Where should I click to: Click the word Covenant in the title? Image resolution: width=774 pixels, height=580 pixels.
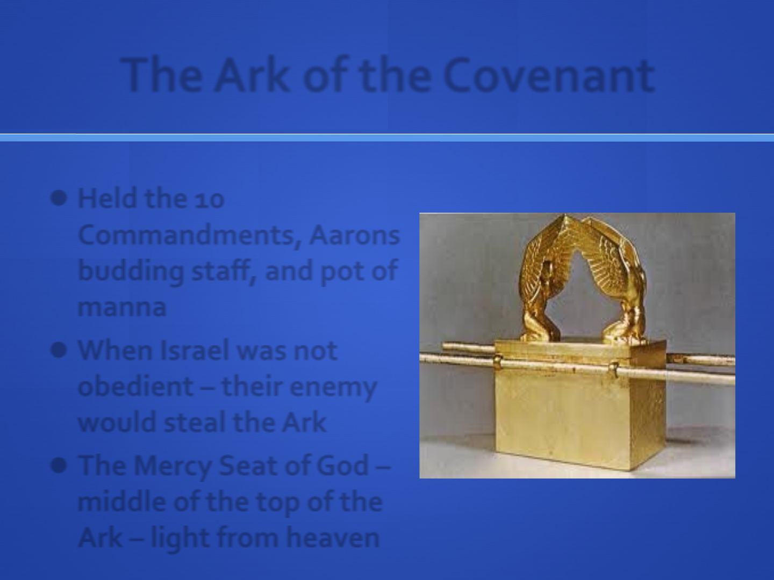(x=549, y=76)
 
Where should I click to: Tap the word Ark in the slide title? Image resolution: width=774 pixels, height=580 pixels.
(x=251, y=75)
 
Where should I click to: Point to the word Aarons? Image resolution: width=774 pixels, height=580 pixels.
(x=354, y=235)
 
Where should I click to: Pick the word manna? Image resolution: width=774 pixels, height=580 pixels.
(x=121, y=308)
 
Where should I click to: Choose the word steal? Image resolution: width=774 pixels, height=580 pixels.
(x=195, y=422)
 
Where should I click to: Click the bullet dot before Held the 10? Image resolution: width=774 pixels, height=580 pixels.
(x=59, y=198)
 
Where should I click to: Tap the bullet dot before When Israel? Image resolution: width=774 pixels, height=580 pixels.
(x=59, y=350)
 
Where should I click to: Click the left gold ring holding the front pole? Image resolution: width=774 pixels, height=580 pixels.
(x=498, y=362)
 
